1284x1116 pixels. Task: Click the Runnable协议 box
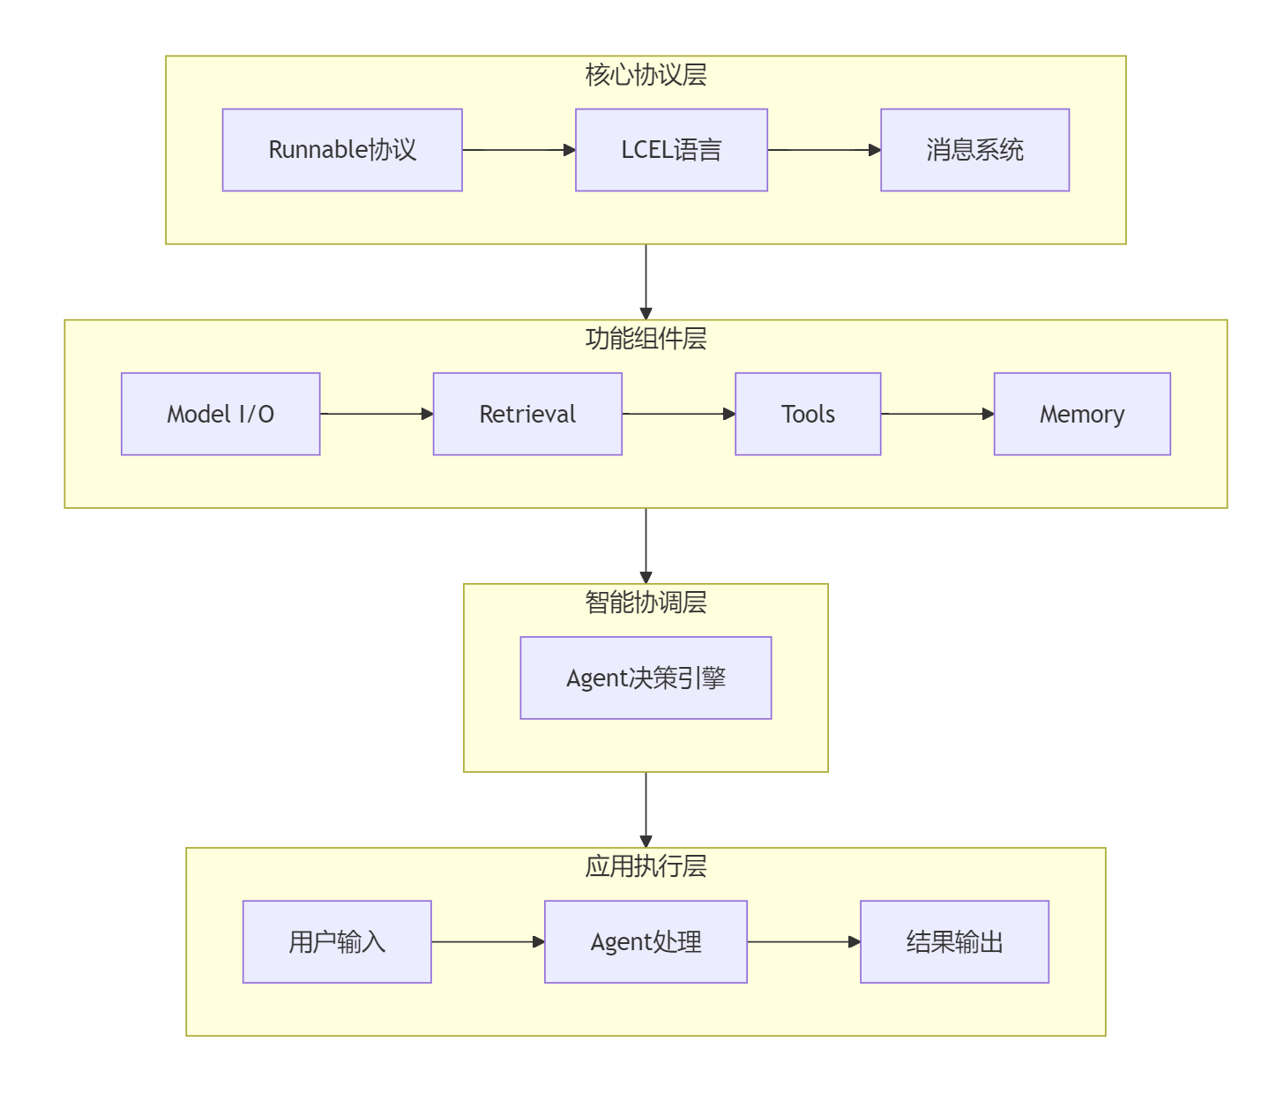coord(342,150)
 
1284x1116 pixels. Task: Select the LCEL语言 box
coord(671,150)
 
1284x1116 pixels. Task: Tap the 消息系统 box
coord(974,150)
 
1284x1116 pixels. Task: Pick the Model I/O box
coord(220,414)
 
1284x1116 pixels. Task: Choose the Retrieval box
coord(527,414)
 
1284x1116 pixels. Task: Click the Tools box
coord(808,414)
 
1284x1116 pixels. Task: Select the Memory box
coord(1082,414)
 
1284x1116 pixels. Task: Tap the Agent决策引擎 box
coord(646,678)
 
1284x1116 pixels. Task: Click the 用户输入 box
coord(337,941)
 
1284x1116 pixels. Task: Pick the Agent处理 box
coord(646,941)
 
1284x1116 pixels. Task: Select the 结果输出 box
coord(954,941)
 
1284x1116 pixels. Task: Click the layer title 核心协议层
coord(646,75)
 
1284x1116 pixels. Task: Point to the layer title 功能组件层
coord(646,339)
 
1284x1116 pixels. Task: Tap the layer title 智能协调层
coord(646,603)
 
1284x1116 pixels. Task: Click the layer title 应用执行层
coord(646,866)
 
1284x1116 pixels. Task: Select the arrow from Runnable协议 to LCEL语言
coord(519,150)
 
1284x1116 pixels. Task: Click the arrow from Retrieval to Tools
coord(678,414)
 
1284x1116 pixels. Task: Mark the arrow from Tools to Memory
coord(937,414)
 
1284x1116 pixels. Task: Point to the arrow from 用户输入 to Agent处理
coord(488,941)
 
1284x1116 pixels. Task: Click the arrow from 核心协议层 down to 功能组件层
coord(646,281)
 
